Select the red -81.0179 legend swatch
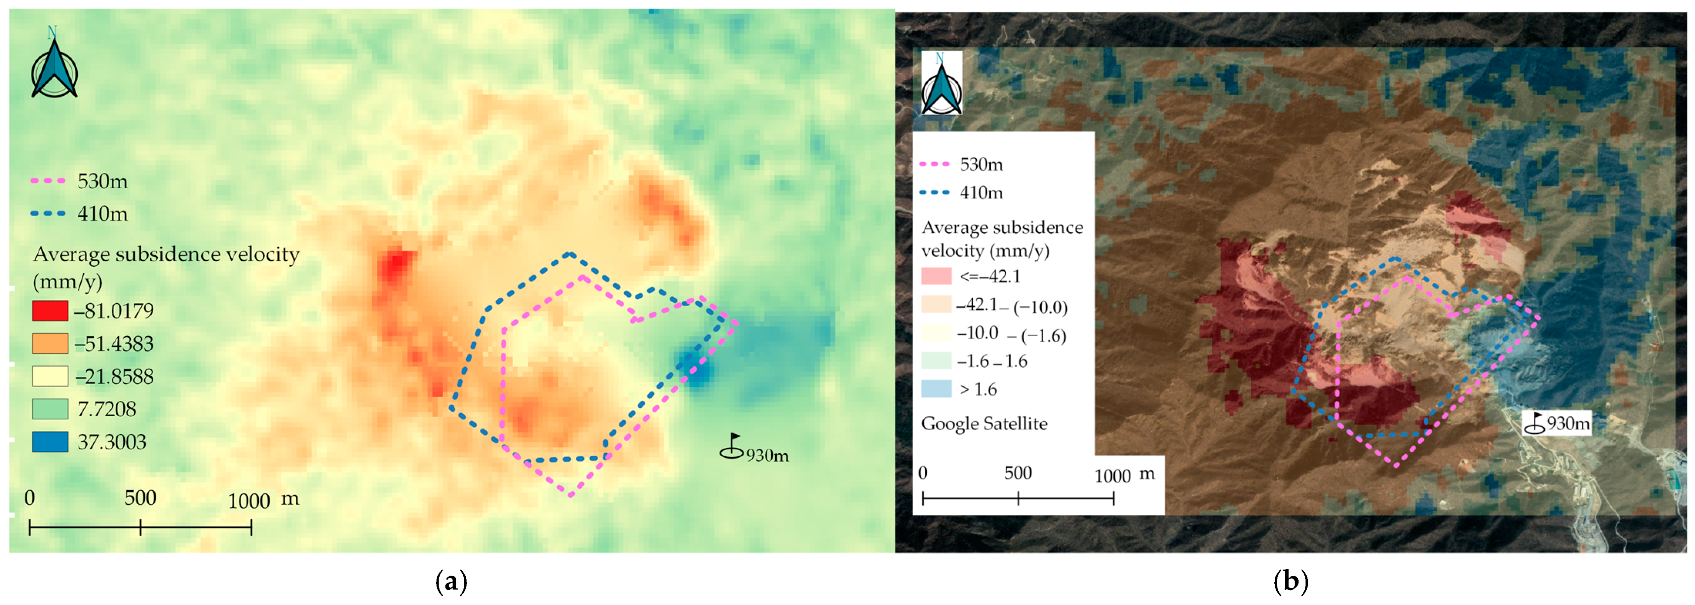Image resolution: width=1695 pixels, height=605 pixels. click(50, 310)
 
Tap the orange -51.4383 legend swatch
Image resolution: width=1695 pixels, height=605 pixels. click(50, 343)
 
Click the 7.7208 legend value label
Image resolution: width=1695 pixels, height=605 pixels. click(107, 409)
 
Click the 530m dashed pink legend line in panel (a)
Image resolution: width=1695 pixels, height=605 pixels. click(49, 181)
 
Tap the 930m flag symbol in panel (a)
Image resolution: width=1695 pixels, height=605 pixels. click(732, 447)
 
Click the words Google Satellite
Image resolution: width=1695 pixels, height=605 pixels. click(984, 423)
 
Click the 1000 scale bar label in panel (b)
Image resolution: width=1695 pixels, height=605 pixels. click(1112, 475)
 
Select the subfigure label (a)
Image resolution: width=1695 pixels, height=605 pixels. click(451, 582)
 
